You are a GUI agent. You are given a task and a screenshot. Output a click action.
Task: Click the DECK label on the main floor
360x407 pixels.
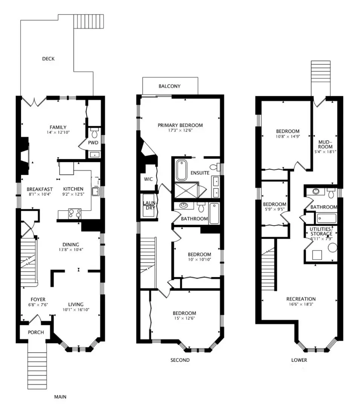[x=48, y=59]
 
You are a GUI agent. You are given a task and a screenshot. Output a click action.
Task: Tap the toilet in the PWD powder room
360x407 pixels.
[x=95, y=133]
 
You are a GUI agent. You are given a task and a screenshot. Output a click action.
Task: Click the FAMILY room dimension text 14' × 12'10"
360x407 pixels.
[x=58, y=132]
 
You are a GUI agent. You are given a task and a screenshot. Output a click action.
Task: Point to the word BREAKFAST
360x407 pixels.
[x=40, y=189]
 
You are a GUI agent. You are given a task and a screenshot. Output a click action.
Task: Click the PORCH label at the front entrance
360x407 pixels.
[x=36, y=332]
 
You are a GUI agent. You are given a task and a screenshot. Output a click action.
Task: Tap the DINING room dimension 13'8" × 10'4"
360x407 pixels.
[x=71, y=250]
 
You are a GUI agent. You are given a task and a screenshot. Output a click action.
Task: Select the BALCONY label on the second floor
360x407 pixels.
[x=169, y=86]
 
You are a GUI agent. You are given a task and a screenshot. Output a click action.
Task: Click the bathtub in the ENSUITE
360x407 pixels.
[x=182, y=170]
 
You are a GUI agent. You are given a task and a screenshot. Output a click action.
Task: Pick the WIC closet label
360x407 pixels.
[x=148, y=179]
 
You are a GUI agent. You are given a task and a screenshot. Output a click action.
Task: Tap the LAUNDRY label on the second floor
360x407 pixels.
[x=149, y=205]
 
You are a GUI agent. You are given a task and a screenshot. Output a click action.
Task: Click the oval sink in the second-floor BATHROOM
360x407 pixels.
[x=184, y=206]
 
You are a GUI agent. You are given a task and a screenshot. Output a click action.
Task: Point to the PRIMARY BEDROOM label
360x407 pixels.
[x=180, y=125]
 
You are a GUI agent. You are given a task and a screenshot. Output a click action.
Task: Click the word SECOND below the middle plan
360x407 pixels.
[x=180, y=360]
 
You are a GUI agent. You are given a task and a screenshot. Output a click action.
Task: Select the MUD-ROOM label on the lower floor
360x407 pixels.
[x=325, y=144]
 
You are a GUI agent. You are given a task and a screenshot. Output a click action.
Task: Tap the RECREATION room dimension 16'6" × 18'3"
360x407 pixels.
[x=301, y=304]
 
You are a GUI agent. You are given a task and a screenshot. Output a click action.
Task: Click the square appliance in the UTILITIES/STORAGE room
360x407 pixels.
[x=317, y=255]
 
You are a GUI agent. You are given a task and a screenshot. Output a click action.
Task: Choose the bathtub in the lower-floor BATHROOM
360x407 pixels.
[x=326, y=218]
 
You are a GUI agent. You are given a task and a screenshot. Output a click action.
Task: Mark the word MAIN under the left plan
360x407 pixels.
[x=60, y=397]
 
